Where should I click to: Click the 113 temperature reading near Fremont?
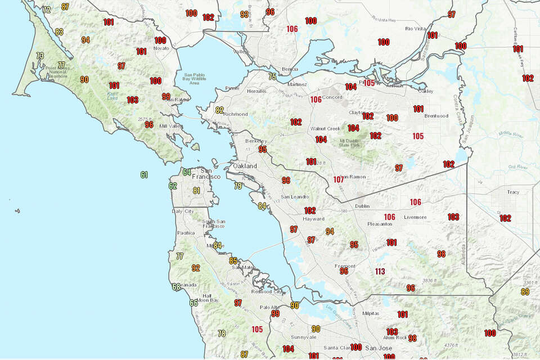click(x=380, y=272)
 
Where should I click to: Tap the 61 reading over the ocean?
click(x=145, y=174)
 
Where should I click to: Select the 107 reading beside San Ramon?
click(x=339, y=180)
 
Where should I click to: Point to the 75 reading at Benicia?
click(x=272, y=76)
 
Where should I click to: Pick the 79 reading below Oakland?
click(x=238, y=186)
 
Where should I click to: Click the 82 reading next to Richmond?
click(x=219, y=110)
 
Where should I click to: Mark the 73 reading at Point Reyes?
click(x=40, y=56)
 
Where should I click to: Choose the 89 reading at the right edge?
click(x=525, y=291)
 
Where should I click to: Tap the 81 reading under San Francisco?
click(x=196, y=191)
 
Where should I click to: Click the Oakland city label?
click(x=245, y=166)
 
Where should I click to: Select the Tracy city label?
click(x=513, y=192)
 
